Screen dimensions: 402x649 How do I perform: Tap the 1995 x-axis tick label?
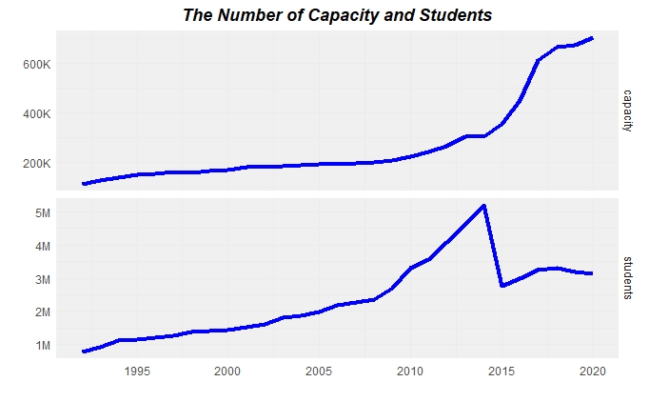point(136,371)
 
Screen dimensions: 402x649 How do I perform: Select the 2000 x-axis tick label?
point(227,371)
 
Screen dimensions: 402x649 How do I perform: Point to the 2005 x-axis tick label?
point(319,371)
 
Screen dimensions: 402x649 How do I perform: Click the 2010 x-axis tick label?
point(410,371)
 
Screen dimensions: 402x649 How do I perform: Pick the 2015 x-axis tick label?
point(501,371)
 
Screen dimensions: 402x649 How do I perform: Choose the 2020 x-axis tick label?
point(593,371)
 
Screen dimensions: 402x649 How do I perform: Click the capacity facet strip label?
point(628,111)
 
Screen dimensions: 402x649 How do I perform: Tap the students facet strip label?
point(628,278)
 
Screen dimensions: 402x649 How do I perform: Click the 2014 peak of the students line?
point(484,206)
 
